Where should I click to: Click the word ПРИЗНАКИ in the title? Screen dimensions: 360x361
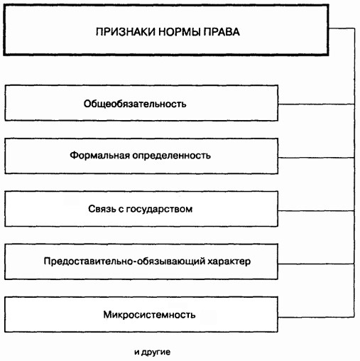click(126, 32)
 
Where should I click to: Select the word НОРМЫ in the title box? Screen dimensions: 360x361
click(180, 32)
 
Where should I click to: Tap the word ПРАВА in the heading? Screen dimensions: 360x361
click(222, 32)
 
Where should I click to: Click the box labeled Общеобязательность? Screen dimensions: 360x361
click(141, 103)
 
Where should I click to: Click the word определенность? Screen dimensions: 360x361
click(171, 156)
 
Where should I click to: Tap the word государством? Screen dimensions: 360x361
click(159, 210)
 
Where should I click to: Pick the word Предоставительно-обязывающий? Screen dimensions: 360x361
click(124, 262)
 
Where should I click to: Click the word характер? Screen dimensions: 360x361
click(229, 262)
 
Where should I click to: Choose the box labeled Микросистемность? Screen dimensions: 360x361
click(141, 314)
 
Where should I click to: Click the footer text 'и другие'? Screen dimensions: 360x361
click(152, 352)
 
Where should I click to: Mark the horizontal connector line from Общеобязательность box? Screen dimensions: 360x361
click(316, 104)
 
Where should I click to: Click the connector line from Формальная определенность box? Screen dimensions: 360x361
click(316, 158)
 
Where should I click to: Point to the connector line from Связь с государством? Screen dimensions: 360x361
click(316, 210)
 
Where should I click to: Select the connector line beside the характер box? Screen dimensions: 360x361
click(316, 264)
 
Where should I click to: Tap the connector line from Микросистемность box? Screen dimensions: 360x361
click(316, 317)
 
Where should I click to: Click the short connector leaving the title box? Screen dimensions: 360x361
click(342, 28)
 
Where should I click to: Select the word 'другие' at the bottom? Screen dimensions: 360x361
click(156, 352)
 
